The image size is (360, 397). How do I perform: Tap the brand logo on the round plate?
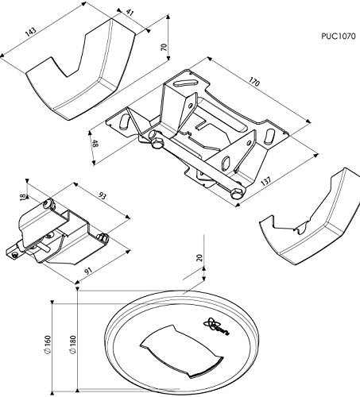[216, 326]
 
